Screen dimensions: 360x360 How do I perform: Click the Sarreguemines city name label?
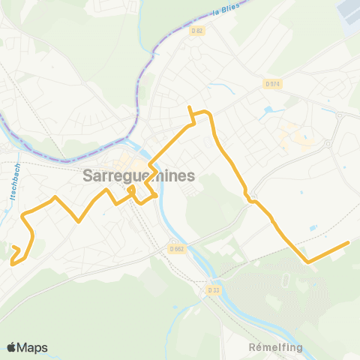[x=137, y=176]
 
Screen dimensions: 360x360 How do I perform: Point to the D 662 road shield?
[x=176, y=249]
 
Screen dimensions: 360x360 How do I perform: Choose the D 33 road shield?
[x=212, y=289]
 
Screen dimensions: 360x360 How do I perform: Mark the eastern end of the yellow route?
[x=349, y=242]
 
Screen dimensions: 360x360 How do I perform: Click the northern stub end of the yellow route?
[x=190, y=107]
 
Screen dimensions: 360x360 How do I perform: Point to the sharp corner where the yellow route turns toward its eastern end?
[x=306, y=261]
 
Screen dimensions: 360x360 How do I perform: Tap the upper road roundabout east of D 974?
[x=338, y=116]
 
